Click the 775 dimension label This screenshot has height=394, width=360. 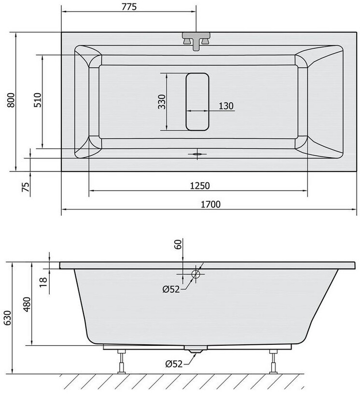click(129, 7)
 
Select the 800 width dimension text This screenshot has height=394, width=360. click(11, 100)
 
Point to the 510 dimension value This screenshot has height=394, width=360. click(38, 100)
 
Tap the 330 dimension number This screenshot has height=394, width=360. click(162, 102)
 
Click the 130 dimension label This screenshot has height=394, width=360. click(226, 106)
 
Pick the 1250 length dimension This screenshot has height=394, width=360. click(200, 186)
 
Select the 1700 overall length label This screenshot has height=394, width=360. click(210, 205)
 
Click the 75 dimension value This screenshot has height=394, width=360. click(26, 187)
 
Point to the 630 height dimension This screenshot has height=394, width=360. click(8, 318)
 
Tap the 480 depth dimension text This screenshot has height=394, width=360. click(27, 305)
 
